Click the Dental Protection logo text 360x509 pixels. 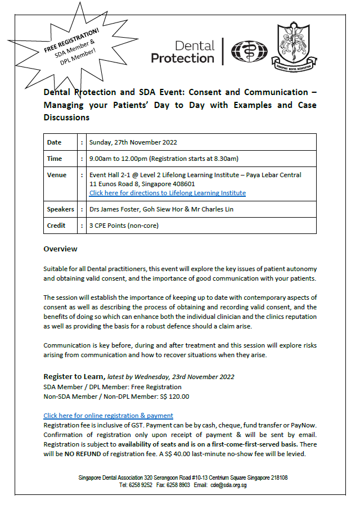click(183, 52)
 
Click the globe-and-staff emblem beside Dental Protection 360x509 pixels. click(247, 52)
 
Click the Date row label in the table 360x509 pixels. click(55, 142)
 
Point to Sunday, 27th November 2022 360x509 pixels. click(132, 142)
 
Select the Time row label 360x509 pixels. click(55, 159)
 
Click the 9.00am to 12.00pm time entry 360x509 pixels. click(163, 159)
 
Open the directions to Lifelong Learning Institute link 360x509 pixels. click(167, 193)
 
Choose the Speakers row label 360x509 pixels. click(61, 209)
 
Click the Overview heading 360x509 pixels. click(60, 249)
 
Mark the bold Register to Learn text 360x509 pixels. click(73, 377)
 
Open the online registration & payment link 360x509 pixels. click(108, 416)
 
